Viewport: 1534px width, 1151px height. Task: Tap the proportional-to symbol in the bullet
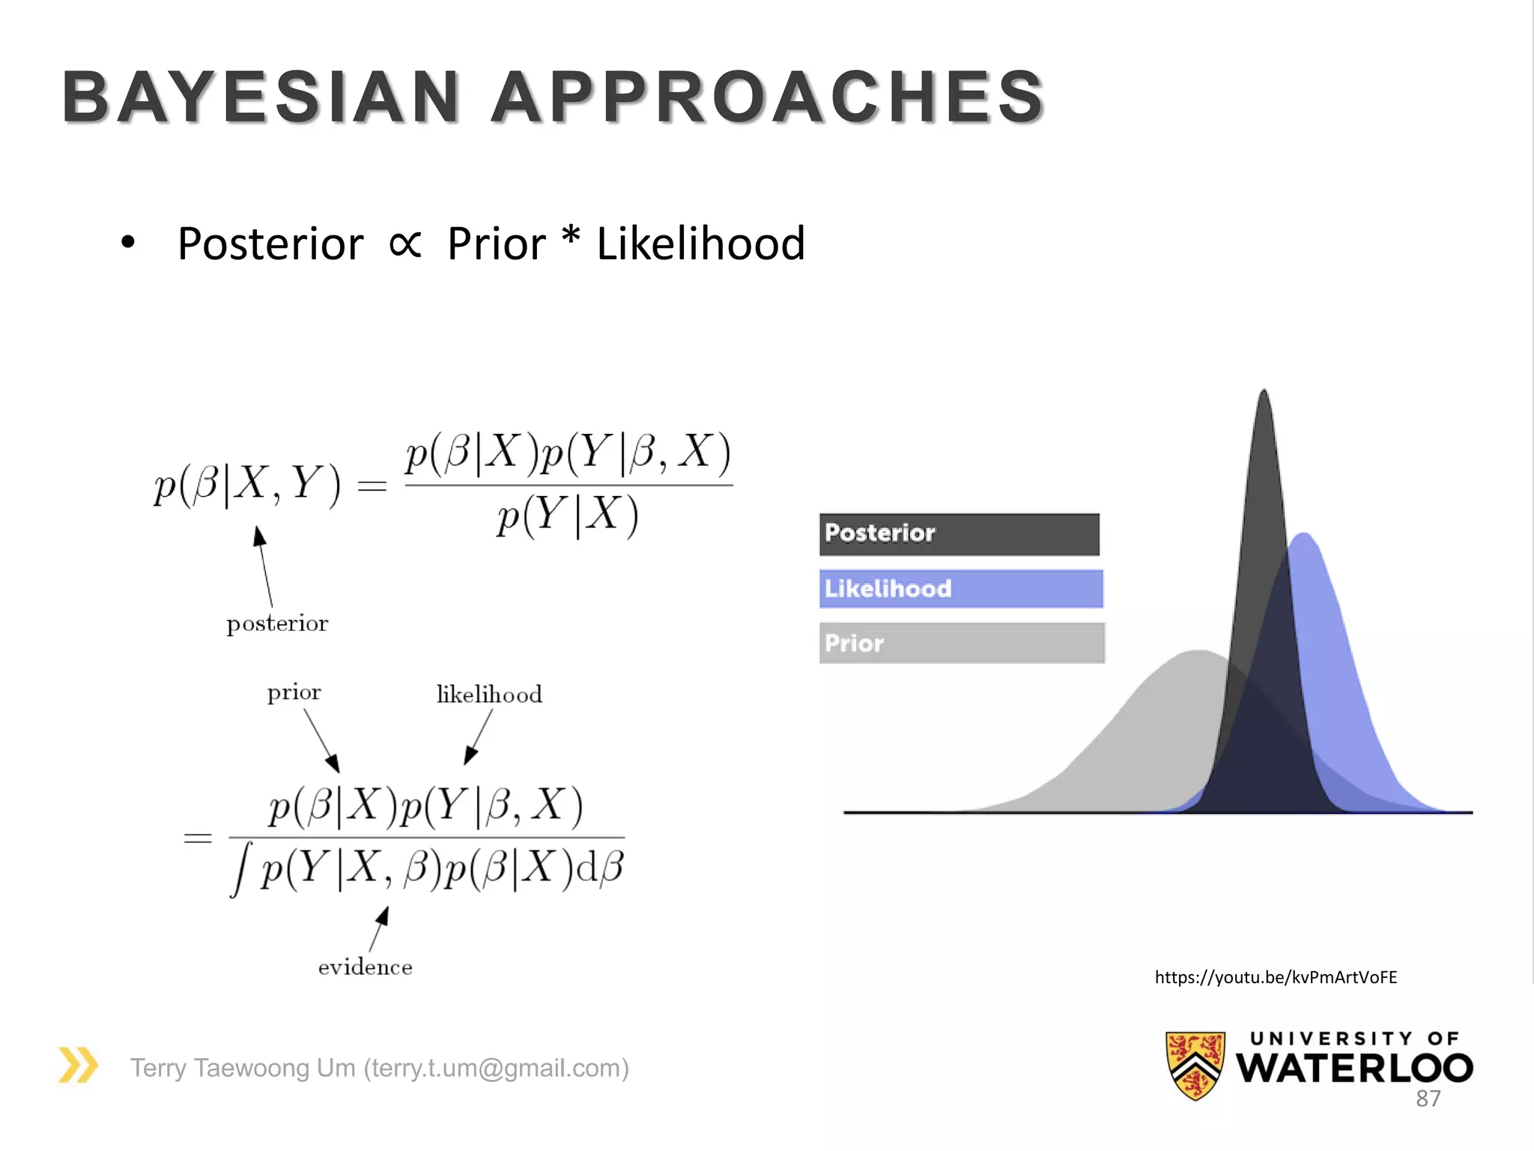(x=405, y=244)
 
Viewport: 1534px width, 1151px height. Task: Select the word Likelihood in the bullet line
(x=700, y=244)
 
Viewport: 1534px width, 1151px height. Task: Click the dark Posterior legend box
(x=959, y=534)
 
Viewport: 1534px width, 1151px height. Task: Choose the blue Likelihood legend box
(x=961, y=588)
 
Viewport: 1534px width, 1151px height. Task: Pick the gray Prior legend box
(x=962, y=643)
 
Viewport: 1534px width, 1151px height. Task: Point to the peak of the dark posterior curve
(x=1264, y=393)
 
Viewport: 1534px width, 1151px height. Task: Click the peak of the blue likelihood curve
(x=1304, y=535)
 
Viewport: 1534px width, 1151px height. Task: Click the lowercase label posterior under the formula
(x=277, y=623)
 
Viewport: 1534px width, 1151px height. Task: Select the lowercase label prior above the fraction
(x=294, y=692)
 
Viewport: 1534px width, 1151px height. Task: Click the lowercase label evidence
(x=365, y=967)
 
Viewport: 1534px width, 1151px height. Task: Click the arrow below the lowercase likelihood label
(x=479, y=737)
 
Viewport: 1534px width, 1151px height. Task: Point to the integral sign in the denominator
(x=240, y=869)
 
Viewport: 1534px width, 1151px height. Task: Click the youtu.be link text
(x=1276, y=977)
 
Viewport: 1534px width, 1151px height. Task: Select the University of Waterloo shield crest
(x=1195, y=1065)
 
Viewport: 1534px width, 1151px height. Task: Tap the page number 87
(x=1428, y=1099)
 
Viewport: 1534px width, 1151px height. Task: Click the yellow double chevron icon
(x=79, y=1065)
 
